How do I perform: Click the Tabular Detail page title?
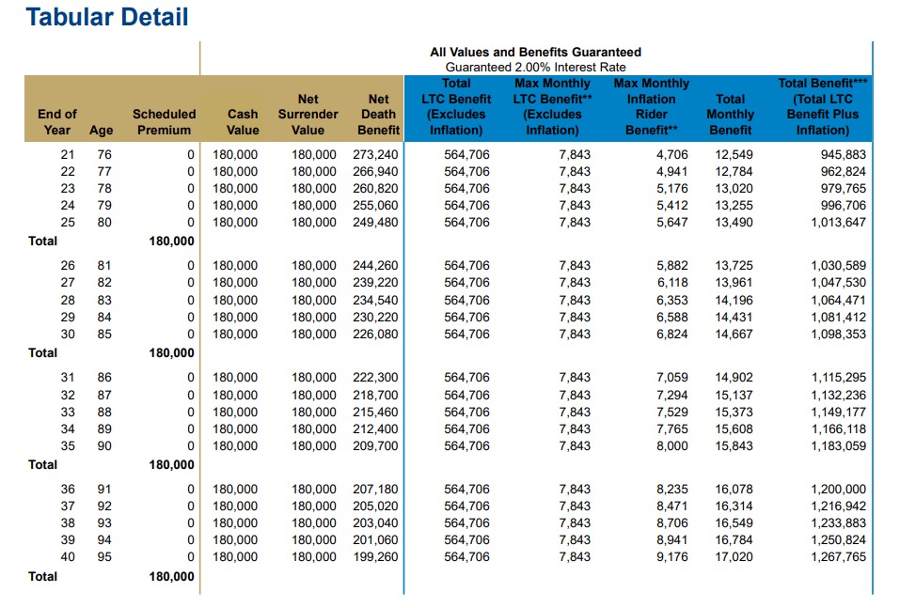tap(107, 17)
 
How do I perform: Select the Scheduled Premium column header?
tap(165, 122)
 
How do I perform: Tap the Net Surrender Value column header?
tap(308, 114)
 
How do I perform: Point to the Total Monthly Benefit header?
tap(730, 114)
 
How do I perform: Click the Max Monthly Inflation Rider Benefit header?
tap(652, 107)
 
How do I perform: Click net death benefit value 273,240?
tap(375, 155)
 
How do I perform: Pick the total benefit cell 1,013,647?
tap(838, 223)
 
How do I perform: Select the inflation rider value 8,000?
tap(672, 446)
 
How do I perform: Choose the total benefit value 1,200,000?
tap(838, 490)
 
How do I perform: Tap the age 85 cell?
tap(104, 335)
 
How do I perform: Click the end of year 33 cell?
tap(68, 413)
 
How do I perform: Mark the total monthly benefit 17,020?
tap(734, 557)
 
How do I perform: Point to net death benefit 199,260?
tap(375, 557)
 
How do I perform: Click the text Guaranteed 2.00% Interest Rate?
tap(535, 67)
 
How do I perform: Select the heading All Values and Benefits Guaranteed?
tap(535, 53)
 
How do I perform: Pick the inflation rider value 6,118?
tap(672, 283)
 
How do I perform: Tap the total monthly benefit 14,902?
tap(734, 378)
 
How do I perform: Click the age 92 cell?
tap(104, 507)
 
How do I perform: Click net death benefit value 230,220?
tap(375, 318)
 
